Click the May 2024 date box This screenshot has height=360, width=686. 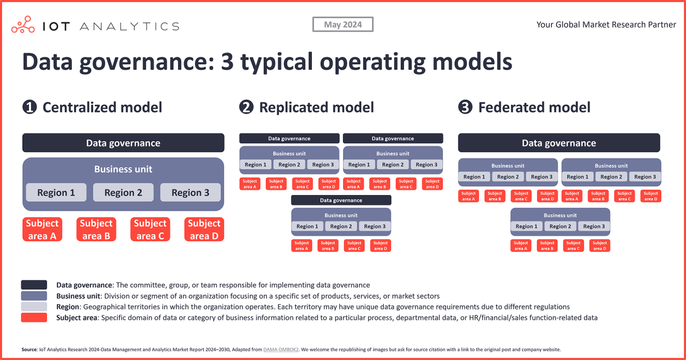343,25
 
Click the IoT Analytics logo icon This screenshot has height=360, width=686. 23,25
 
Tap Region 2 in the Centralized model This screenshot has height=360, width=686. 123,193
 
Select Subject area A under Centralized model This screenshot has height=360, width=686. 42,229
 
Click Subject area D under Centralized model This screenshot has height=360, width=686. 204,229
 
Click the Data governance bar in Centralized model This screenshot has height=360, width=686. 123,143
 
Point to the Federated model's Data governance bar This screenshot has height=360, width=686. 559,143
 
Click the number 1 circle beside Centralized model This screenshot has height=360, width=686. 29,107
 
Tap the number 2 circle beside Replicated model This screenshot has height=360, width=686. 246,107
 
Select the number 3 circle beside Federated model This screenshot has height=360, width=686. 465,107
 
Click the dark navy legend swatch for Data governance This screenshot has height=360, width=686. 34,285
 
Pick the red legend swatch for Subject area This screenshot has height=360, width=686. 34,318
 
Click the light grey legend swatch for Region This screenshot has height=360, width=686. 34,307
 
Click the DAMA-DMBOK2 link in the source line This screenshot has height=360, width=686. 281,349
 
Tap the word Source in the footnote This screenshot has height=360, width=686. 29,349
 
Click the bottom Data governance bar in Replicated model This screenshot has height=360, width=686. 341,200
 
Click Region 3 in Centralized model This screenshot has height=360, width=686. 190,193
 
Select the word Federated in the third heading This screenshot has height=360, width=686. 511,107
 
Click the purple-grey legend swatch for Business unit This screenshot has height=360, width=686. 34,296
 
